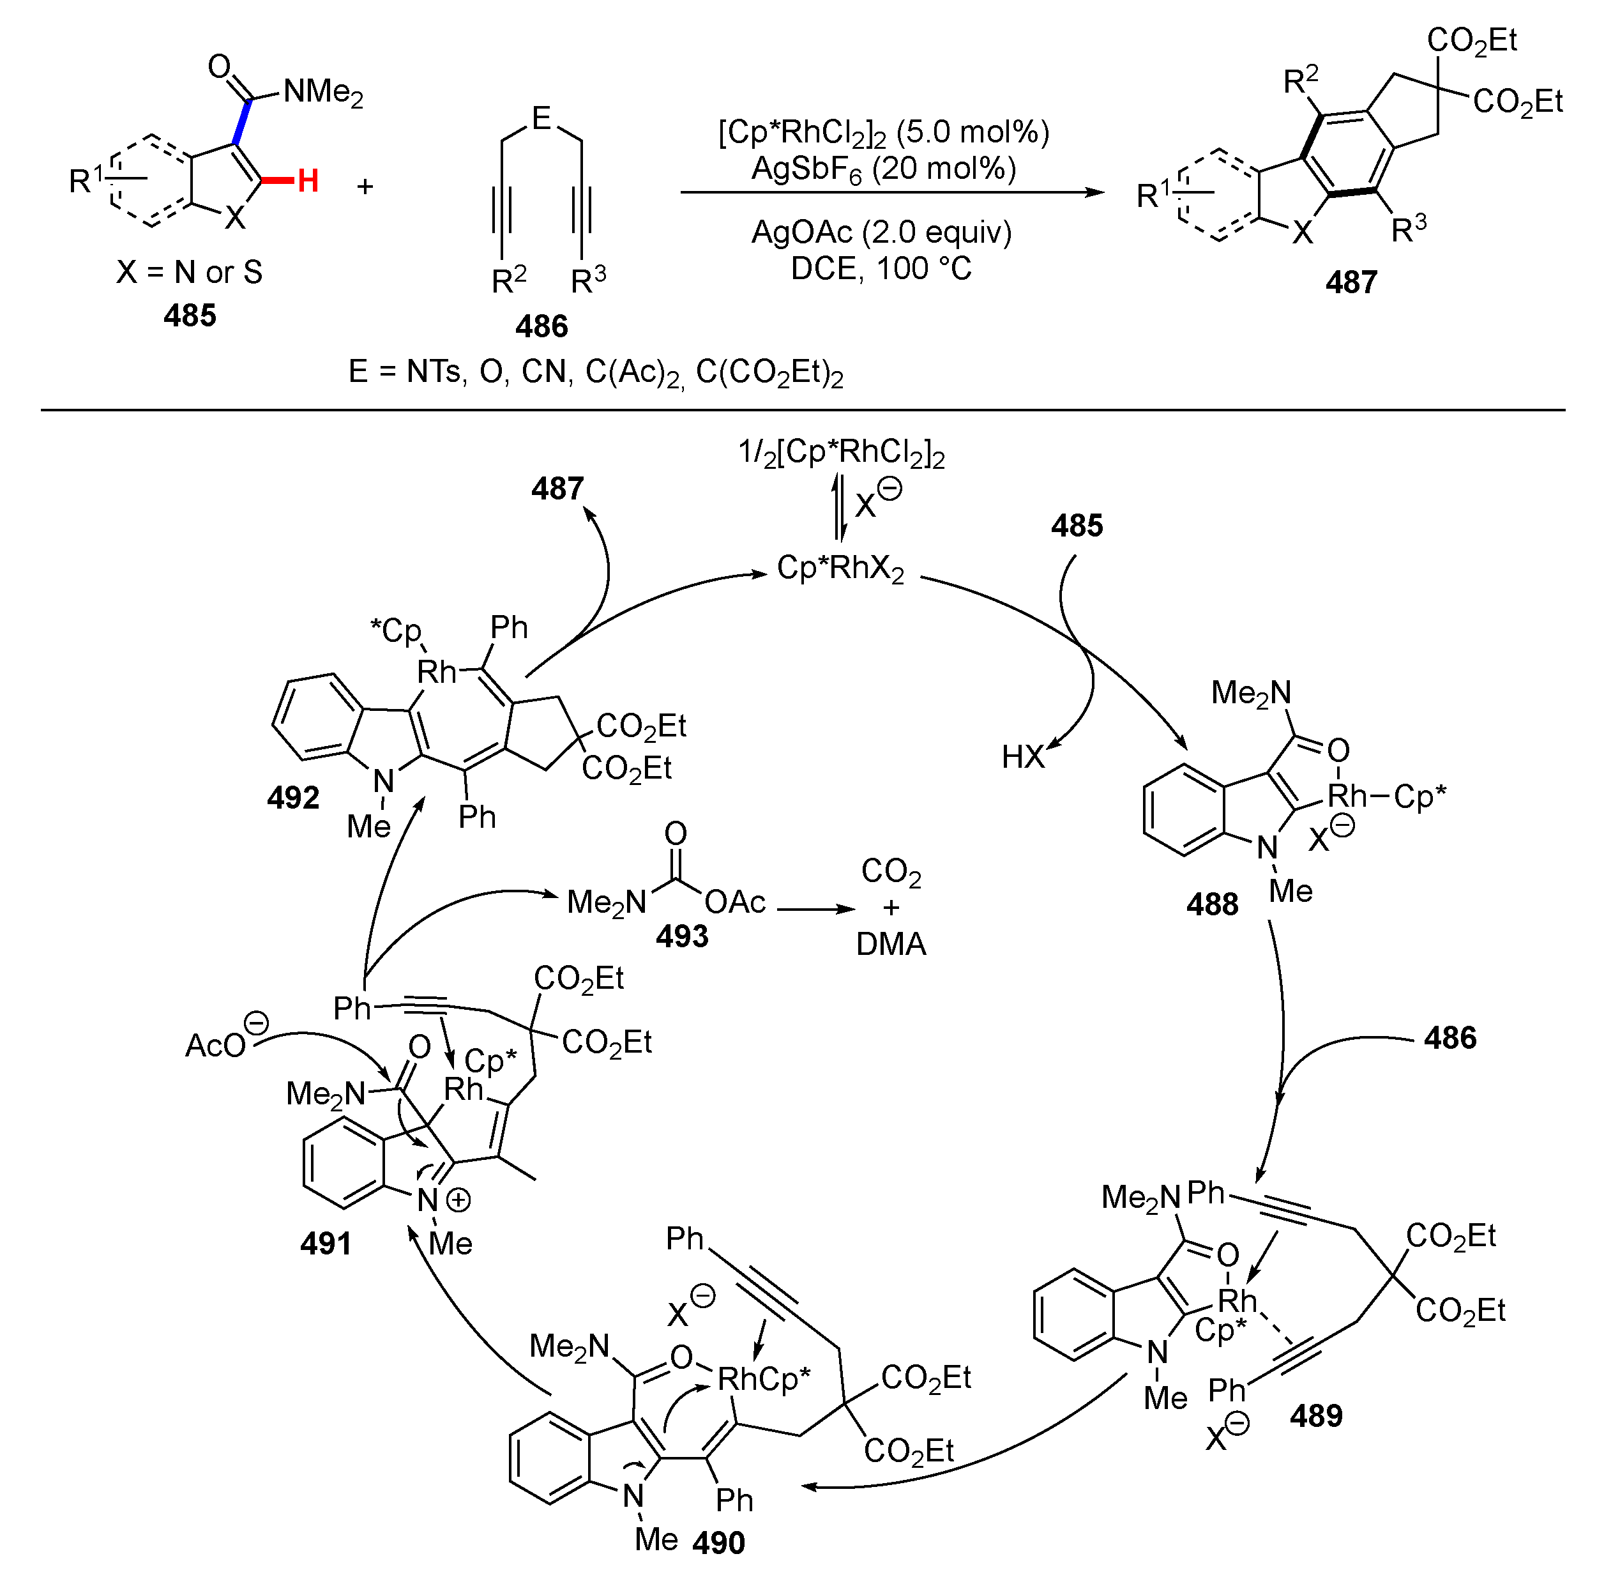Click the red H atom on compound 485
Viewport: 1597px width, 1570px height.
[x=308, y=181]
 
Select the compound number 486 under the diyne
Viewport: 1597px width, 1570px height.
[x=541, y=326]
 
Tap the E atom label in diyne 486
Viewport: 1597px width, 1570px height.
[x=541, y=119]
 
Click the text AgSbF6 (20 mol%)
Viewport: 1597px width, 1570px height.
[x=883, y=169]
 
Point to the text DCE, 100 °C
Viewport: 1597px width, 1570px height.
[x=881, y=269]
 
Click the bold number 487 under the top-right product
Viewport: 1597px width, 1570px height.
[x=1351, y=283]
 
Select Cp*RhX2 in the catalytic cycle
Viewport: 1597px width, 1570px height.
[x=840, y=568]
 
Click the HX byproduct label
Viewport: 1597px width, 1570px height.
[x=1022, y=756]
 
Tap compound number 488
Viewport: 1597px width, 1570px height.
[x=1211, y=904]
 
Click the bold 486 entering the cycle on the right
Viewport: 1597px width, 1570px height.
[x=1449, y=1037]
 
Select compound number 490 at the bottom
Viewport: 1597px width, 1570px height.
[x=718, y=1542]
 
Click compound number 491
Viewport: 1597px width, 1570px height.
[x=326, y=1244]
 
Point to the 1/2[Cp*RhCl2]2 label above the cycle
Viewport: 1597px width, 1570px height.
[x=841, y=453]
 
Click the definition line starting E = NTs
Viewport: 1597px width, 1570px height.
[x=595, y=373]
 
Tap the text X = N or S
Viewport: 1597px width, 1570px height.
[x=190, y=272]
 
